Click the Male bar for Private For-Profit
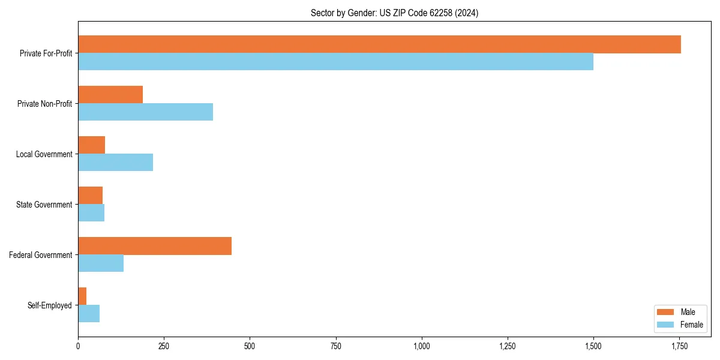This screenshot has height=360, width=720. point(379,44)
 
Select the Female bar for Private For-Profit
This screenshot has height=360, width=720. point(335,62)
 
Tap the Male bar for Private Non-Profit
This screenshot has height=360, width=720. point(110,95)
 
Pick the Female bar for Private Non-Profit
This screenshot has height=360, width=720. point(145,112)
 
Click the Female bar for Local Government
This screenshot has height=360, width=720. point(115,163)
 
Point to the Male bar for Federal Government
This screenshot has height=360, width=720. point(155,246)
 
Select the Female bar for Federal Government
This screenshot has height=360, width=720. point(101,263)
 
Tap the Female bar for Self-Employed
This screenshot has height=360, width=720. point(89,314)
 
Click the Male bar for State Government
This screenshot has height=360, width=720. point(90,196)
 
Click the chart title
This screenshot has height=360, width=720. point(394,13)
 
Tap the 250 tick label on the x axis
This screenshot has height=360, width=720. point(164,346)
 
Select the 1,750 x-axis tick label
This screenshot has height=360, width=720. point(679,346)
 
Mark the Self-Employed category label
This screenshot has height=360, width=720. point(50,305)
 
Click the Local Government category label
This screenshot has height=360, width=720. point(44,154)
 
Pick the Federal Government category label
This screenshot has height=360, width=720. point(41,255)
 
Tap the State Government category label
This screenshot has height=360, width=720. point(44,205)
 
